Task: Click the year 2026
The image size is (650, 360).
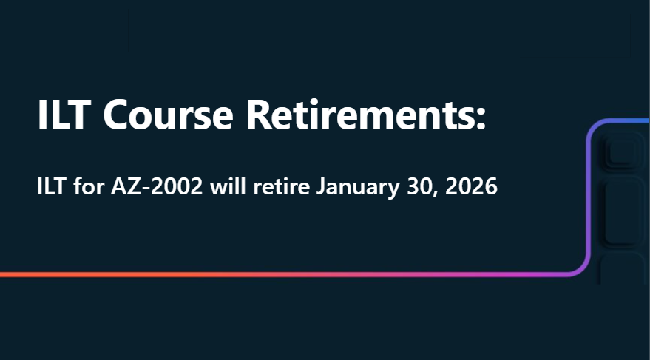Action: coord(475,186)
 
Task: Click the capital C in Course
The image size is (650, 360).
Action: coord(115,115)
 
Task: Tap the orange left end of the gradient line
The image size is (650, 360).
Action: coord(7,274)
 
